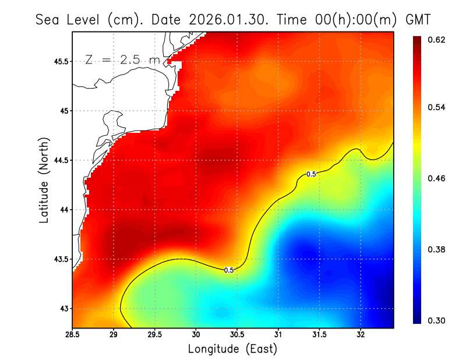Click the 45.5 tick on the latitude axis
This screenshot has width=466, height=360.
pos(61,61)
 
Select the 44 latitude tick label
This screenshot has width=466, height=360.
pos(65,210)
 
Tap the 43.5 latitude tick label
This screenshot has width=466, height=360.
pos(61,259)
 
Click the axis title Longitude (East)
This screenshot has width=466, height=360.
pos(232,349)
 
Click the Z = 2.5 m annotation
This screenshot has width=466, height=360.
pos(122,60)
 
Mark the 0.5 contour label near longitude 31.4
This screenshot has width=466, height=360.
pos(311,174)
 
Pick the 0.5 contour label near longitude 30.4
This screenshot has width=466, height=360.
pos(229,270)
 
